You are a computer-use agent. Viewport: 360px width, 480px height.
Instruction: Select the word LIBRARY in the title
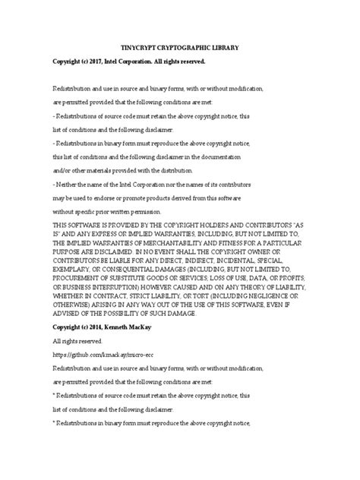coord(220,47)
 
